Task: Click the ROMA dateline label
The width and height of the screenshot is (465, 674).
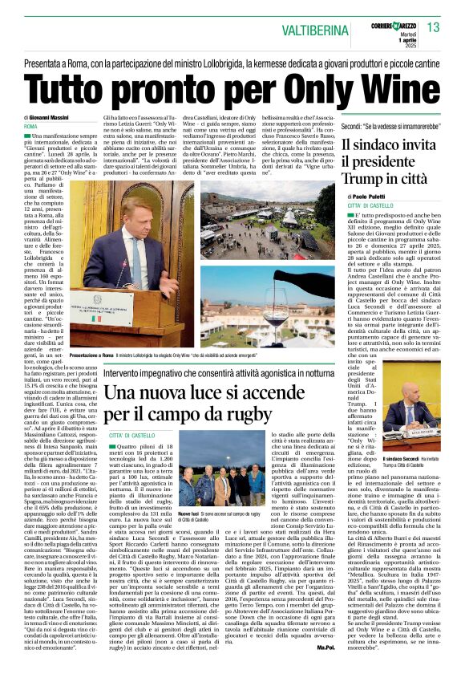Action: (31, 127)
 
